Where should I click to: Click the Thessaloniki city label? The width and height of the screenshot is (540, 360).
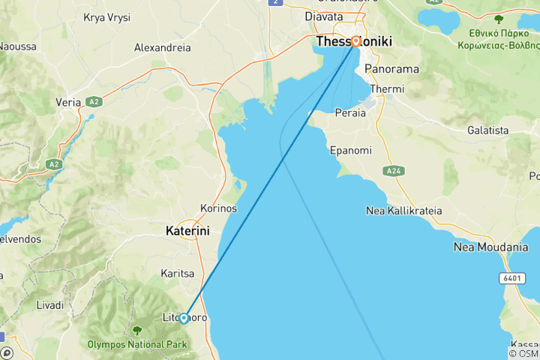pos(354,42)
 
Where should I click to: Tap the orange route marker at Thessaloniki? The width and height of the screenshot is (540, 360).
pos(355,42)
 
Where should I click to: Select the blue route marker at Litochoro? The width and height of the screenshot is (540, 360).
pos(184,318)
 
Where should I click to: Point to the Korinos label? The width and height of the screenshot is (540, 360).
pos(218,208)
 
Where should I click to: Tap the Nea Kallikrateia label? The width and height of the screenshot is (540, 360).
pos(403,211)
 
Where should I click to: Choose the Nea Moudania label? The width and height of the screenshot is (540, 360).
pos(490,247)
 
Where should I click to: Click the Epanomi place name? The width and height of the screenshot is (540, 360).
pos(350,150)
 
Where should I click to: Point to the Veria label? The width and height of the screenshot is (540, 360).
pos(68,102)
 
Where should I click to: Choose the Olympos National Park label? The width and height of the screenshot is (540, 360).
pos(136,345)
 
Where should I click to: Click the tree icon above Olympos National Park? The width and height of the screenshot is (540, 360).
pos(136,330)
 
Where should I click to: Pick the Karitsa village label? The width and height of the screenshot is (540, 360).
pos(178,273)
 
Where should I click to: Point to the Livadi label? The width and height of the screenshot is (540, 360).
pos(50,305)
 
